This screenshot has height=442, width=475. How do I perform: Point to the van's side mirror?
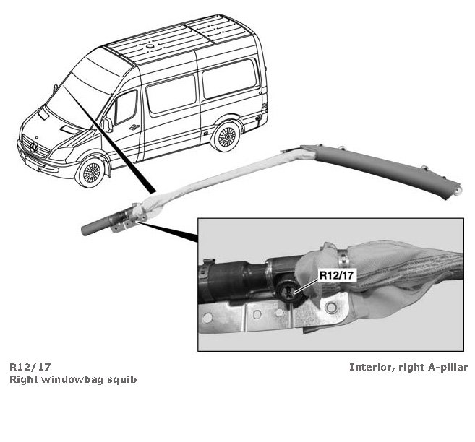tap(107, 123)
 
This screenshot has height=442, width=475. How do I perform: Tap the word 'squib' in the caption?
tap(123, 378)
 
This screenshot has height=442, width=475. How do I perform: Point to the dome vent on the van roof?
tap(150, 45)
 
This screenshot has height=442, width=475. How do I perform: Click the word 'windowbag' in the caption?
tap(74, 378)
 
